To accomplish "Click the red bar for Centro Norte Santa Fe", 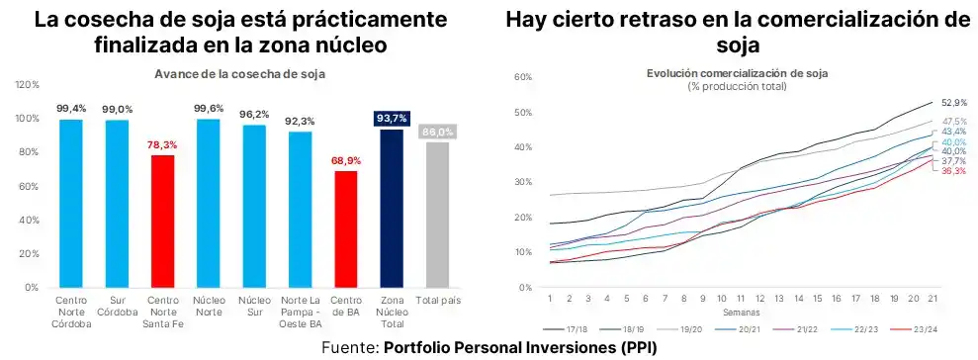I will (163, 221).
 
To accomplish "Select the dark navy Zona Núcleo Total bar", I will (392, 208).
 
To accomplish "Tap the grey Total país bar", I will (438, 215).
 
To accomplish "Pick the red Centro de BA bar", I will (346, 228).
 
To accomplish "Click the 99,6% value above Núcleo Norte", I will (209, 108).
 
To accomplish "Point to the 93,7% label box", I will (392, 119).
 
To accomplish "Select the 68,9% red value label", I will (346, 160).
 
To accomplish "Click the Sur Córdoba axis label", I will (117, 306).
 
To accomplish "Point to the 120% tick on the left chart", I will (26, 85).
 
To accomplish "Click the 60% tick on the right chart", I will (524, 77).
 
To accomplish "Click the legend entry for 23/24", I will (919, 328).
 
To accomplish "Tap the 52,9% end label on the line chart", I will (953, 102).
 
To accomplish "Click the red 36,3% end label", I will (953, 171).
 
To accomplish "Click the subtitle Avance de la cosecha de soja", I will (239, 74).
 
